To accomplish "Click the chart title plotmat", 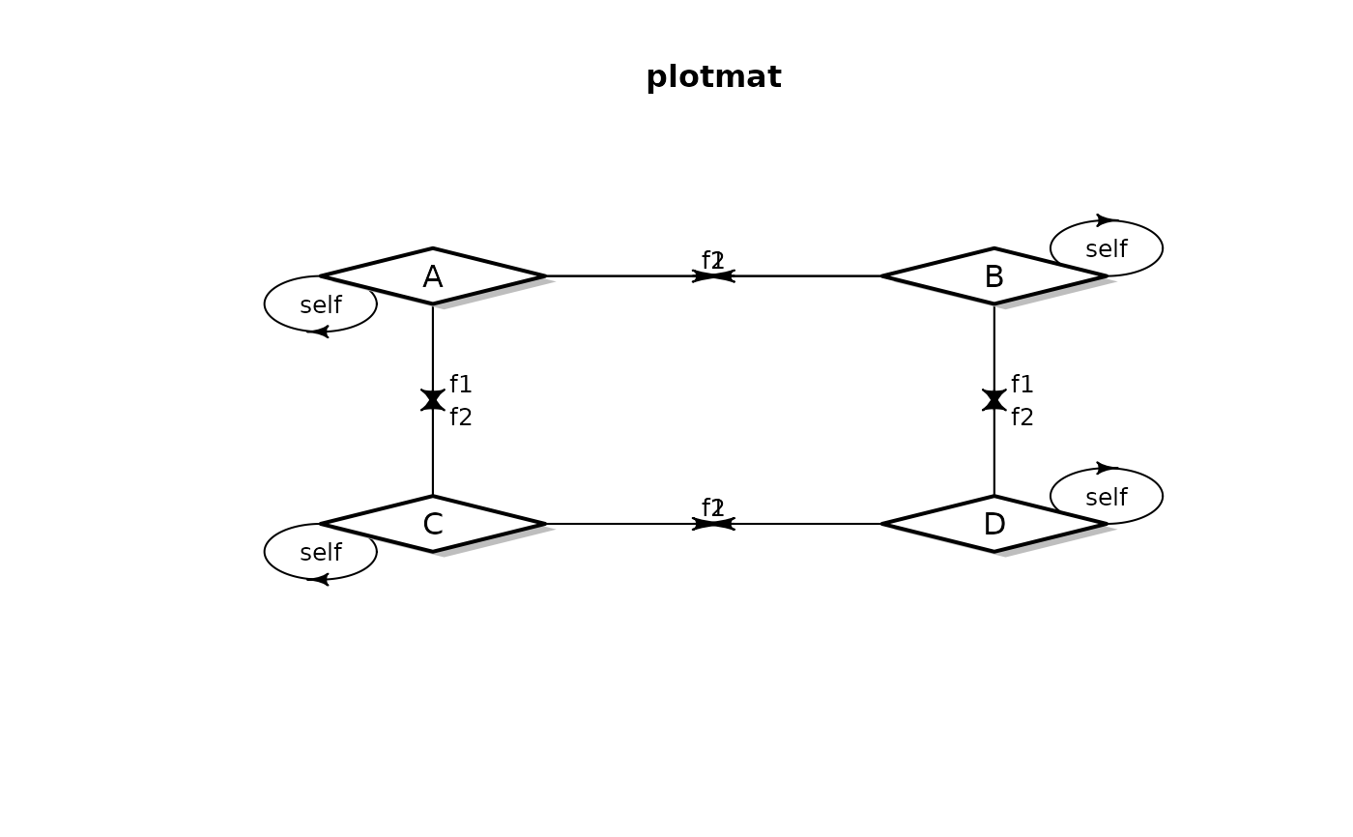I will pyautogui.click(x=713, y=77).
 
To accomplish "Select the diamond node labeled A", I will pyautogui.click(x=433, y=276).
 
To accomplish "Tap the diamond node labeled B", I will pyautogui.click(x=993, y=276).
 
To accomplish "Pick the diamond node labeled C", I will pyautogui.click(x=433, y=524).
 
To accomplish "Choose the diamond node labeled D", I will pyautogui.click(x=993, y=524).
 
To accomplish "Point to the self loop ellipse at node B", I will pyautogui.click(x=1107, y=248).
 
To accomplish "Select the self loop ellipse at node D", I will pyautogui.click(x=1107, y=497).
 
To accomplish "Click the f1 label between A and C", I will pyautogui.click(x=461, y=385).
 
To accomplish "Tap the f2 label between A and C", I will pyautogui.click(x=461, y=418).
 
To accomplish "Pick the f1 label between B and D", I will pyautogui.click(x=1022, y=385).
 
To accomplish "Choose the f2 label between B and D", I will pyautogui.click(x=1022, y=418).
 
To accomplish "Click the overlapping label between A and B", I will pyautogui.click(x=713, y=260).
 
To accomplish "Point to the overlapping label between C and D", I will pyautogui.click(x=713, y=507).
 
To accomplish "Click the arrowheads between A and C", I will pyautogui.click(x=433, y=400).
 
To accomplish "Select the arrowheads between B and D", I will pyautogui.click(x=993, y=400).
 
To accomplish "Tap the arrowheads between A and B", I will pyautogui.click(x=713, y=276).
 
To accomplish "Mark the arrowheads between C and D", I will pyautogui.click(x=713, y=524).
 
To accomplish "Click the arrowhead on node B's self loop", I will pyautogui.click(x=1105, y=220).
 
